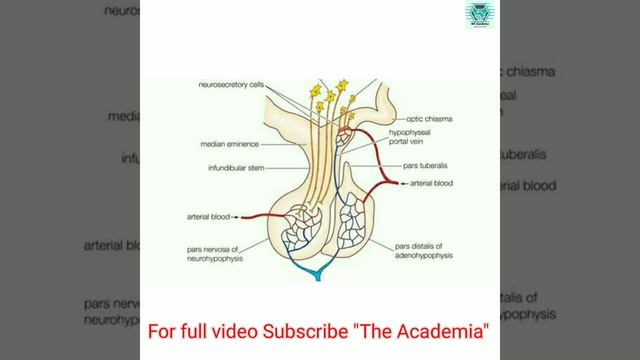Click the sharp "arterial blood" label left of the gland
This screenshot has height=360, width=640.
pyautogui.click(x=209, y=215)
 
